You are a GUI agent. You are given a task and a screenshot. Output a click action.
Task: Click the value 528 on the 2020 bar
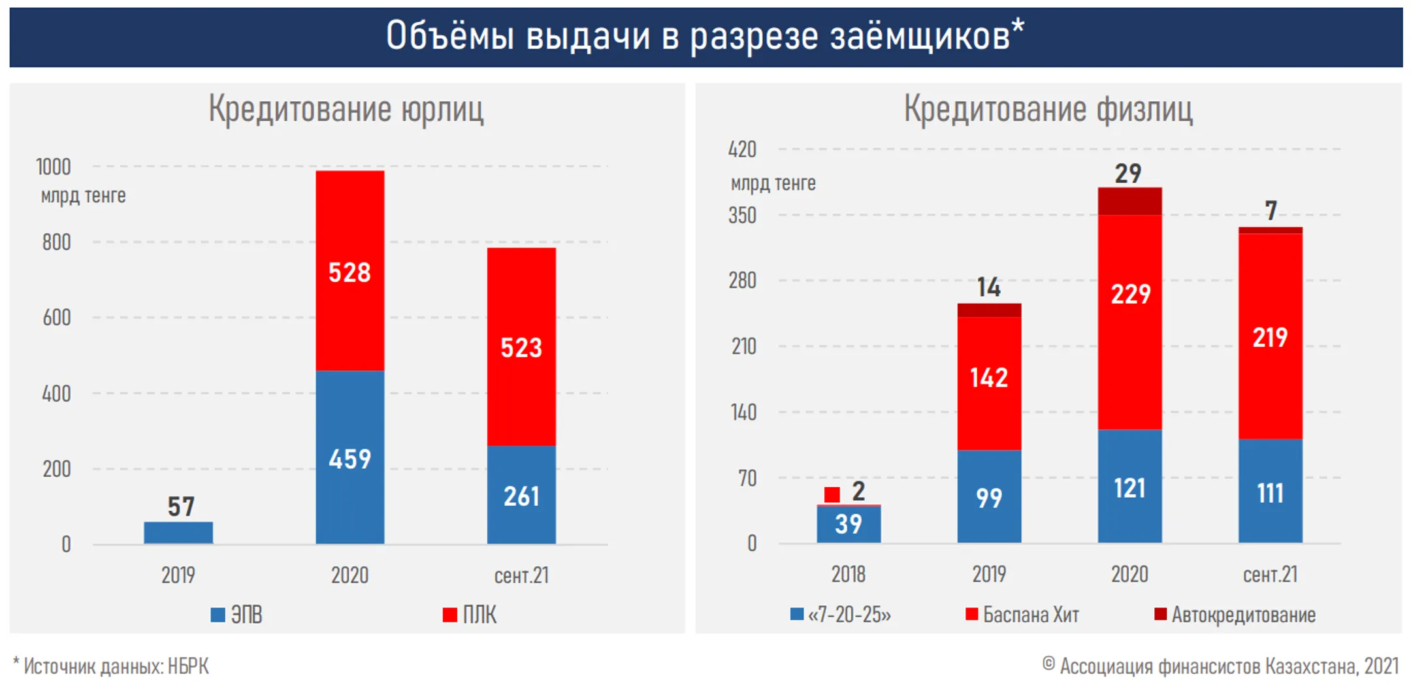pyautogui.click(x=349, y=272)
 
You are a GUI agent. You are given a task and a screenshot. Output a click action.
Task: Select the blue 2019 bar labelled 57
pyautogui.click(x=178, y=532)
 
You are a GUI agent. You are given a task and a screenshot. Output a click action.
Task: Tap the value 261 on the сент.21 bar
pyautogui.click(x=521, y=496)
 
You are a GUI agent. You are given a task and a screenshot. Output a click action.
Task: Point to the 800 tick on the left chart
pyautogui.click(x=56, y=242)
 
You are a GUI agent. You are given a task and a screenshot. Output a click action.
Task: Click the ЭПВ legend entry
pyautogui.click(x=237, y=615)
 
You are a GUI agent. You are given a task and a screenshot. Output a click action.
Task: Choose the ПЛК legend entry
pyautogui.click(x=470, y=615)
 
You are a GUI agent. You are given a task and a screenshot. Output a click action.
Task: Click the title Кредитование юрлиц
pyautogui.click(x=346, y=108)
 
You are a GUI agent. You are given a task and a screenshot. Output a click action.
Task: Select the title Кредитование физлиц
pyautogui.click(x=1048, y=108)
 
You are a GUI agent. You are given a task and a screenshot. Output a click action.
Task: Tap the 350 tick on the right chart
pyautogui.click(x=742, y=215)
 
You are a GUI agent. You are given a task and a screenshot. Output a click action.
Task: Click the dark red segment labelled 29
pyautogui.click(x=1129, y=201)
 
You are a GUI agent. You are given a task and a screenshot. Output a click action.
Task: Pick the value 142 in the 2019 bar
pyautogui.click(x=988, y=378)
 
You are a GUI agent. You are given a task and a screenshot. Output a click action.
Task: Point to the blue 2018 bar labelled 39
pyautogui.click(x=848, y=524)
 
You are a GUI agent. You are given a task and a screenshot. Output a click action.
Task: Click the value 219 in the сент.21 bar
pyautogui.click(x=1269, y=337)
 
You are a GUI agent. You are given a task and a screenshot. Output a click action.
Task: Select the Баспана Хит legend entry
pyautogui.click(x=1022, y=615)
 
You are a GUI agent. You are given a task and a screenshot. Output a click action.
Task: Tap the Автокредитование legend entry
pyautogui.click(x=1235, y=615)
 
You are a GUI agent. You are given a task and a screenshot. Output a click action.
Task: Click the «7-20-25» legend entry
pyautogui.click(x=841, y=615)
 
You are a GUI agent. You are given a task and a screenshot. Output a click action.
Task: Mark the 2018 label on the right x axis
pyautogui.click(x=848, y=574)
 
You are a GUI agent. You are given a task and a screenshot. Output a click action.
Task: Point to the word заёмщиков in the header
pyautogui.click(x=920, y=36)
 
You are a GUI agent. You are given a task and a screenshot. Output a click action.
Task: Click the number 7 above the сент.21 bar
pyautogui.click(x=1270, y=210)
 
